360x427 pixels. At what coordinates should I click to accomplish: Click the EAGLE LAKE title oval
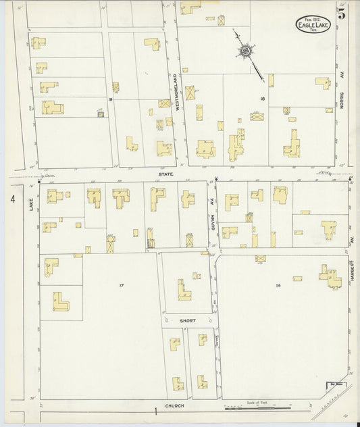(x=312, y=25)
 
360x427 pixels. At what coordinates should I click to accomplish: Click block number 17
(x=122, y=286)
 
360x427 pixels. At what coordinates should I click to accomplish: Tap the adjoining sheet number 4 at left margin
(x=12, y=199)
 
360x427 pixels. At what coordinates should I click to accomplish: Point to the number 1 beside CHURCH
(x=155, y=410)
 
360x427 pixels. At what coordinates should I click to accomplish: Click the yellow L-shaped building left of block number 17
(x=61, y=301)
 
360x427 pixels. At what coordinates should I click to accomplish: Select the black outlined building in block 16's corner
(x=334, y=386)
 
